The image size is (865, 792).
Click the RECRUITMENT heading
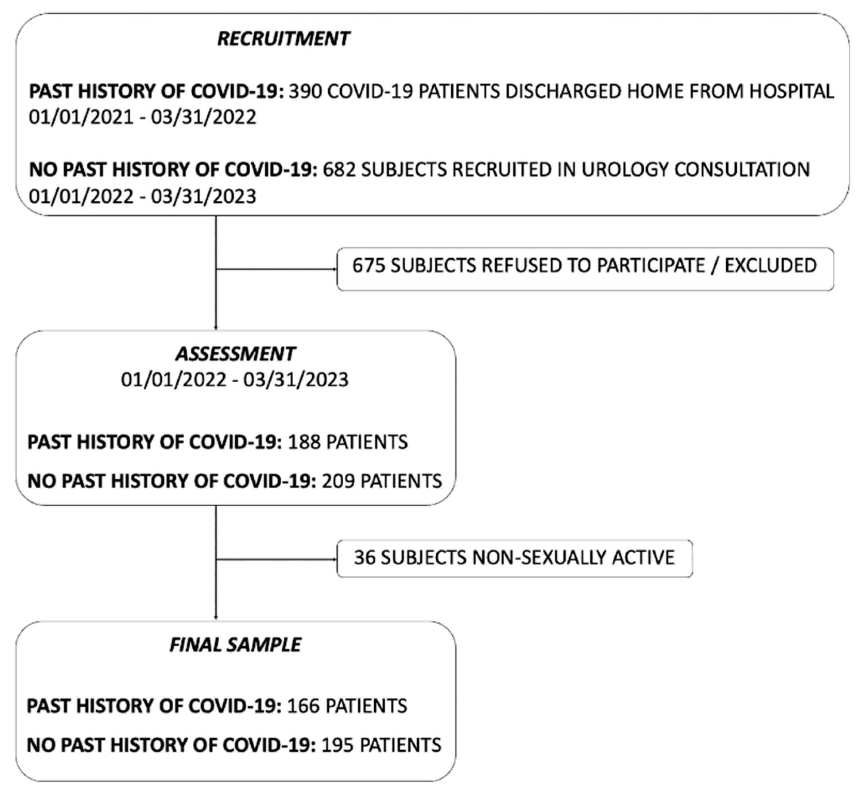283,39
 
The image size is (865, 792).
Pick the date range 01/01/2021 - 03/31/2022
143,117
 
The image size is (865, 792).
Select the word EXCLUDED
770,265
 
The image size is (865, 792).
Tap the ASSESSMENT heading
235,354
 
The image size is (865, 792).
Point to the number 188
303,442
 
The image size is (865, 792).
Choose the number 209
338,481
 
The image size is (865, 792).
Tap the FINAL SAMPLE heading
235,645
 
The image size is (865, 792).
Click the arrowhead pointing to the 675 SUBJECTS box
335,269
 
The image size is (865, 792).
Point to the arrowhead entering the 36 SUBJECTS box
335,560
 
